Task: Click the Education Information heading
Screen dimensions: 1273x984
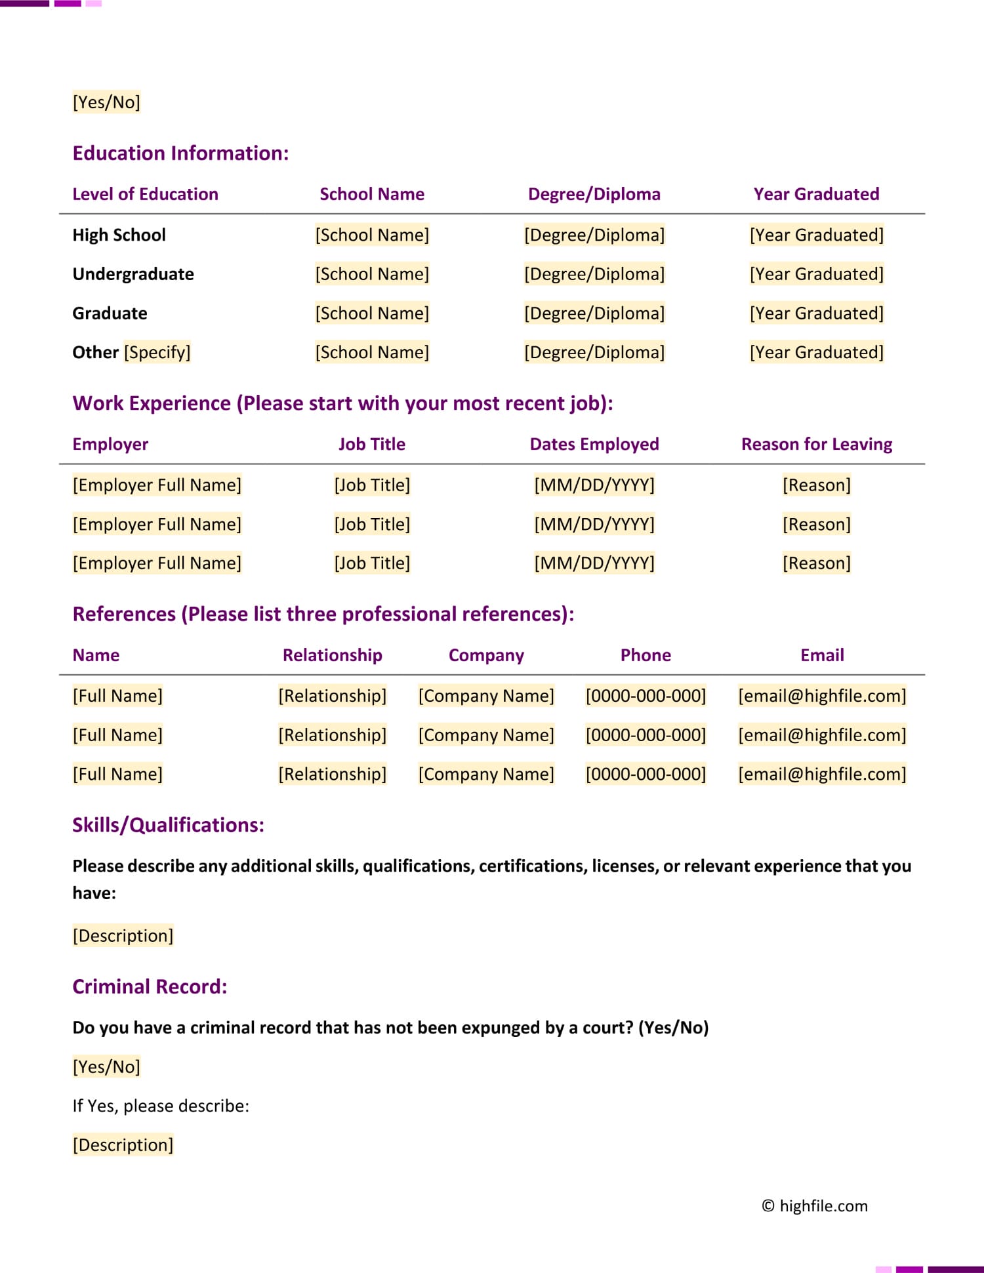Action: click(x=180, y=153)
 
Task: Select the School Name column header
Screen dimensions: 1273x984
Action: click(x=372, y=194)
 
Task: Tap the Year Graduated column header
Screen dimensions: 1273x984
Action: click(x=816, y=194)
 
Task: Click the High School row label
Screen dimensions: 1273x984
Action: click(x=119, y=235)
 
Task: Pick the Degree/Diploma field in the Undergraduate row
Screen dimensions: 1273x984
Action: click(x=594, y=274)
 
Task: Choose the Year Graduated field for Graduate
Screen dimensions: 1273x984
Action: click(x=816, y=313)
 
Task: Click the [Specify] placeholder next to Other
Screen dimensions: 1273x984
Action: click(x=157, y=353)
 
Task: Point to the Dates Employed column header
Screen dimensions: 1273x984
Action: click(x=594, y=445)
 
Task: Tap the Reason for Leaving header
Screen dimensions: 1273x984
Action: click(x=816, y=445)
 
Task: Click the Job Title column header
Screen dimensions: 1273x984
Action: click(x=372, y=445)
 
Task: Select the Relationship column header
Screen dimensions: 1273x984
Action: click(x=332, y=655)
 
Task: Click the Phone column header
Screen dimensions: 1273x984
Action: click(x=646, y=655)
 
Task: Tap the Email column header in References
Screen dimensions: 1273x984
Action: click(x=822, y=655)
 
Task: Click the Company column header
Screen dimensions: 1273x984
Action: click(x=486, y=655)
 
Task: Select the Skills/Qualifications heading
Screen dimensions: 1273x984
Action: click(x=168, y=825)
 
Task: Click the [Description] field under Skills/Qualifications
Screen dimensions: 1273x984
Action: click(x=123, y=936)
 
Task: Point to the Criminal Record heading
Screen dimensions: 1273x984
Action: click(x=150, y=987)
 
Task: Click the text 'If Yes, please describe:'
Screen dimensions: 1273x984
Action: click(x=161, y=1106)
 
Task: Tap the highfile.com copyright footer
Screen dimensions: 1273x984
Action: click(x=815, y=1206)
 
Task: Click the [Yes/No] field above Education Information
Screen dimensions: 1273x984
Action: click(x=106, y=102)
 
